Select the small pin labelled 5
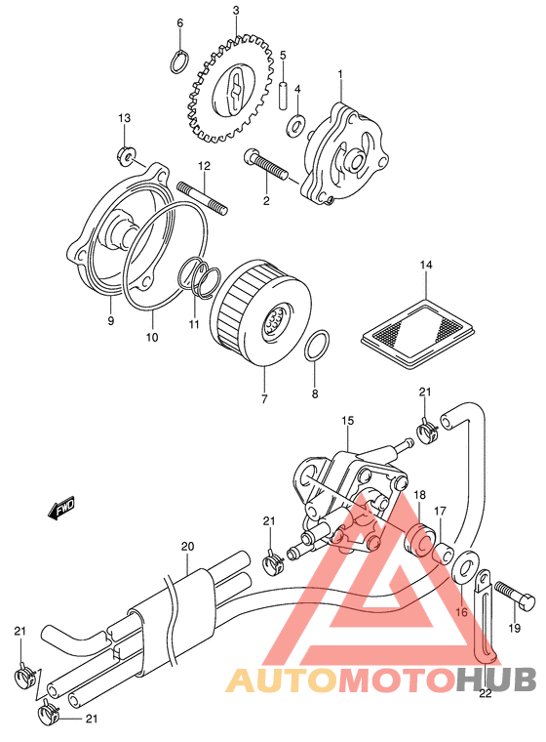tap(283, 97)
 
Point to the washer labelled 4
tap(296, 125)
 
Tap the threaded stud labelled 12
tap(203, 198)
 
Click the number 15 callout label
tap(347, 421)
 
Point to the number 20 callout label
tap(187, 546)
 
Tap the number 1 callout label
tap(340, 75)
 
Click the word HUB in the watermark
tap(496, 680)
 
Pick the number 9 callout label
tap(110, 321)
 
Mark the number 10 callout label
tap(152, 338)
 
